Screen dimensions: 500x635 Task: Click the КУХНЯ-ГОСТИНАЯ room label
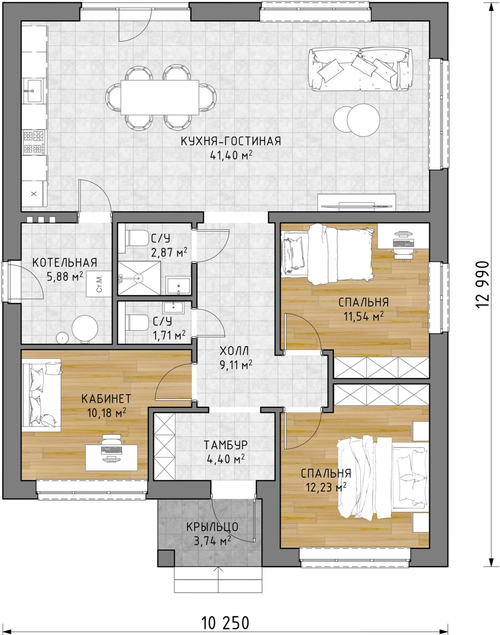point(231,141)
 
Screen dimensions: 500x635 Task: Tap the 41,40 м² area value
point(231,155)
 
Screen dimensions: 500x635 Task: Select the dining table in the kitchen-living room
point(160,98)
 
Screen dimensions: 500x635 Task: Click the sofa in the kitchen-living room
point(360,69)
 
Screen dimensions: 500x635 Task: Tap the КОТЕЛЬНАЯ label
point(64,263)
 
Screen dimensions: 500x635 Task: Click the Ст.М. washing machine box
point(99,283)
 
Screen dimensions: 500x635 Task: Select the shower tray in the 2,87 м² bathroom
point(139,278)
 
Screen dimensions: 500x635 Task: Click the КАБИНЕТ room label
point(106,399)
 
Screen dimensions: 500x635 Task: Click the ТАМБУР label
point(226,445)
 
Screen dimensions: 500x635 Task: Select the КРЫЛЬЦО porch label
point(212,527)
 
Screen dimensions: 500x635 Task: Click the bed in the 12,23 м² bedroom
point(382,478)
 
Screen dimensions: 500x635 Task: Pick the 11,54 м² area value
point(363,316)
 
